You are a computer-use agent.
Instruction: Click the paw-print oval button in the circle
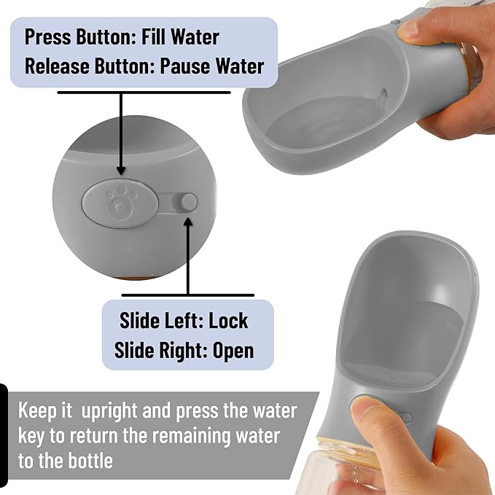(x=120, y=203)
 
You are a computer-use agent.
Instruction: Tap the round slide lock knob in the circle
(x=189, y=202)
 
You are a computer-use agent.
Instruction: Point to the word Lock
(x=228, y=321)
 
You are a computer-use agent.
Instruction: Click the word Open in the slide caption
(x=233, y=351)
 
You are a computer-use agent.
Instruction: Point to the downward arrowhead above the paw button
(x=120, y=171)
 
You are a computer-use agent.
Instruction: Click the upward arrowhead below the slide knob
(x=189, y=222)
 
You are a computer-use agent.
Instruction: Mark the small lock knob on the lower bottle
(x=408, y=418)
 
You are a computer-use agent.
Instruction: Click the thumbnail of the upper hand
(x=410, y=31)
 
